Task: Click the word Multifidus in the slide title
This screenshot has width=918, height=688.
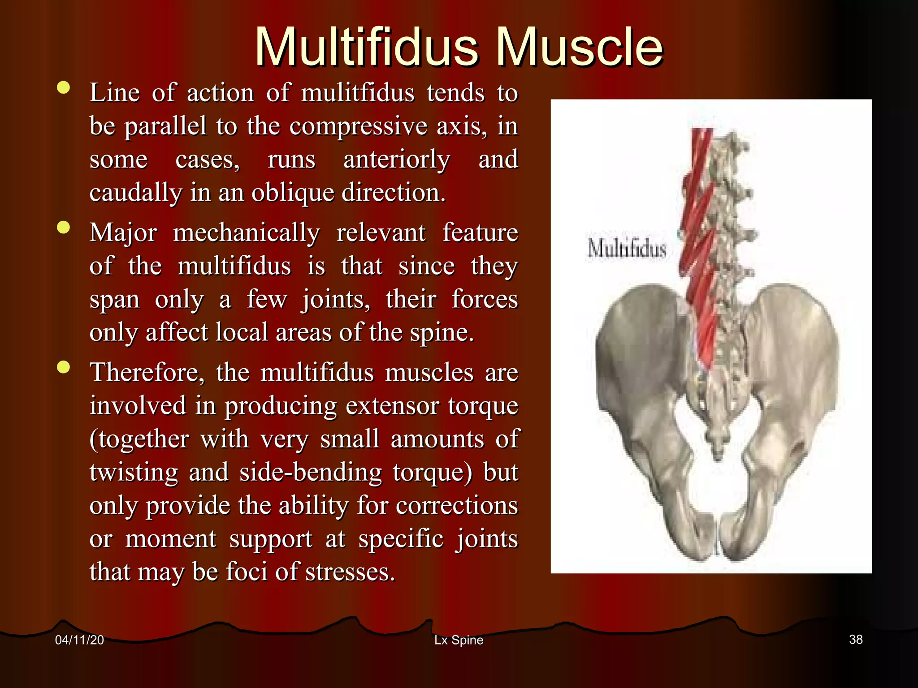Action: pos(367,47)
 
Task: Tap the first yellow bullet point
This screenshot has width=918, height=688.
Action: pos(64,87)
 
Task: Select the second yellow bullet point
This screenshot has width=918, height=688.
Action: pos(64,227)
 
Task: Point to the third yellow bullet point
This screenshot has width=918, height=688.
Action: pos(64,367)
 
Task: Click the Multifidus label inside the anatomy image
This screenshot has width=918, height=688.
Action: pos(627,249)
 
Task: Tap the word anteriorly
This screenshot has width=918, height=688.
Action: pos(397,160)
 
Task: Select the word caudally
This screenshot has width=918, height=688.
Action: pos(136,193)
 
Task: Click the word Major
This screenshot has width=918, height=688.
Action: pos(123,233)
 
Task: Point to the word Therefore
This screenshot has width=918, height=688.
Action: pos(147,373)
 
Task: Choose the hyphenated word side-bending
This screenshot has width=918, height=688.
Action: pos(311,473)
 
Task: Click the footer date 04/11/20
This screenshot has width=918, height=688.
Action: pos(79,640)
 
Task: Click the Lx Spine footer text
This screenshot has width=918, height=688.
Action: pos(459,640)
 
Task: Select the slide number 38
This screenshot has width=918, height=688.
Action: pos(856,640)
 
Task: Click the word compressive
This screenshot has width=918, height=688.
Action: pos(359,126)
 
